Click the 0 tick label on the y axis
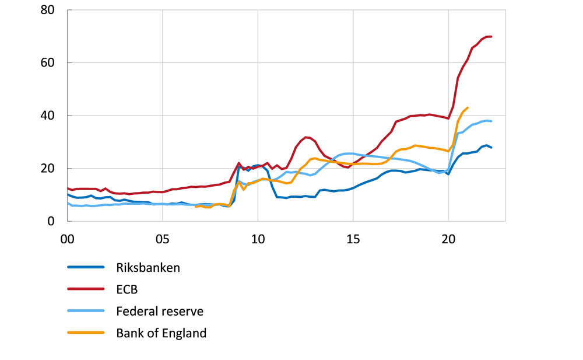52,222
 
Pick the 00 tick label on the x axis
67,239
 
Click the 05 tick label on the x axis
162,239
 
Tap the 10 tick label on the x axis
257,239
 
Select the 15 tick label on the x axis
353,239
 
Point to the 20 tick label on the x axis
448,239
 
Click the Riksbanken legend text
148,268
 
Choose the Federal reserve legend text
159,311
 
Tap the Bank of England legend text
161,333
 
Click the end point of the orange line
468,108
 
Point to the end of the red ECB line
491,37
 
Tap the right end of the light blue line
491,121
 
